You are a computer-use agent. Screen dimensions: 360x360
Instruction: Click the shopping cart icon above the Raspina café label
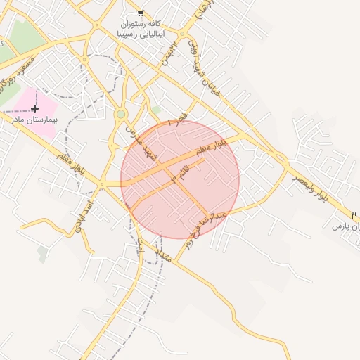pyautogui.click(x=141, y=13)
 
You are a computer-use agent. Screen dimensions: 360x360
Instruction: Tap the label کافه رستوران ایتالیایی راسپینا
pyautogui.click(x=141, y=29)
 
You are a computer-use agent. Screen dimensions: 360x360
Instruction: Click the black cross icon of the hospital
pyautogui.click(x=34, y=108)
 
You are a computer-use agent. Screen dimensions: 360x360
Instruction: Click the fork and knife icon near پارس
pyautogui.click(x=354, y=214)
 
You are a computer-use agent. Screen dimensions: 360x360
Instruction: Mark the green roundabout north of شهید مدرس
pyautogui.click(x=121, y=113)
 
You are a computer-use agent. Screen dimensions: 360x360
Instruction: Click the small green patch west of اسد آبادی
pyautogui.click(x=44, y=254)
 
